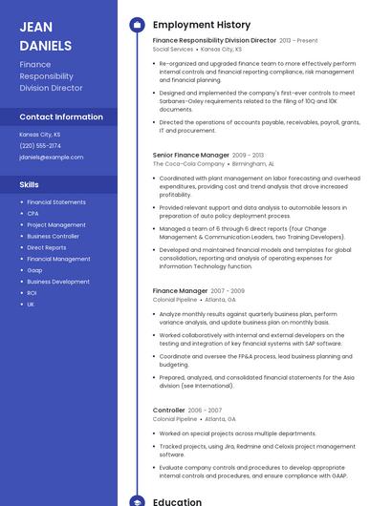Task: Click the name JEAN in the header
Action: (x=36, y=27)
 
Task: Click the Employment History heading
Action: (x=201, y=25)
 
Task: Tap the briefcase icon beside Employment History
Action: (x=137, y=25)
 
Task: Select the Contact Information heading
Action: (x=61, y=116)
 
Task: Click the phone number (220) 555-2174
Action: (x=40, y=145)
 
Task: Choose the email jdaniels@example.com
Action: (x=51, y=157)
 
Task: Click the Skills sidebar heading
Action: (x=30, y=184)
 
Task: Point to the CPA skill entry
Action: (x=33, y=214)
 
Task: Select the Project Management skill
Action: (x=55, y=225)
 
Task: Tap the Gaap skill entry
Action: (x=34, y=270)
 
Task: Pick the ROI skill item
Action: (x=32, y=293)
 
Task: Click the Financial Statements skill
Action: (x=55, y=202)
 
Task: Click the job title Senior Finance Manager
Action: (x=190, y=155)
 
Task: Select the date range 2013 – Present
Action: (x=298, y=41)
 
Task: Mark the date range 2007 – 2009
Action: (x=227, y=290)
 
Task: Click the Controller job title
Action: (x=168, y=410)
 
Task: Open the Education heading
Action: (x=177, y=501)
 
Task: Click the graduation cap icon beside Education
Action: (x=137, y=501)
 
